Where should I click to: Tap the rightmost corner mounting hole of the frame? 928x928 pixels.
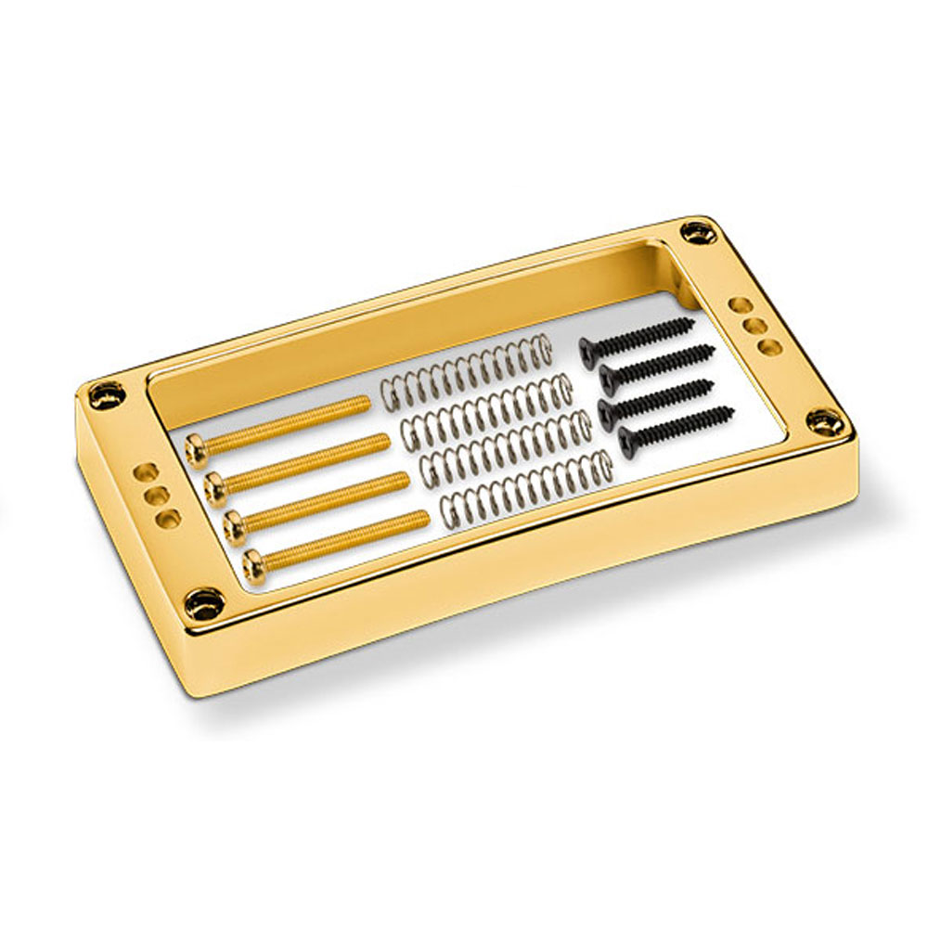click(x=821, y=422)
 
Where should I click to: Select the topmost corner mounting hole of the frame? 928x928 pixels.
click(x=694, y=231)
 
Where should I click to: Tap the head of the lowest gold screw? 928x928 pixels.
click(x=252, y=559)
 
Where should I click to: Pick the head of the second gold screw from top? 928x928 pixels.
click(x=214, y=484)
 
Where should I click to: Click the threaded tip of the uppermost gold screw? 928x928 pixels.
click(x=365, y=402)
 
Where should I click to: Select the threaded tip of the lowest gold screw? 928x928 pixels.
click(x=425, y=516)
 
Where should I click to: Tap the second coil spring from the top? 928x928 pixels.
click(x=487, y=408)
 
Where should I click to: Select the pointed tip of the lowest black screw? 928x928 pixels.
click(x=732, y=409)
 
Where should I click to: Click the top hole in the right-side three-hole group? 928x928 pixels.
click(x=741, y=303)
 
